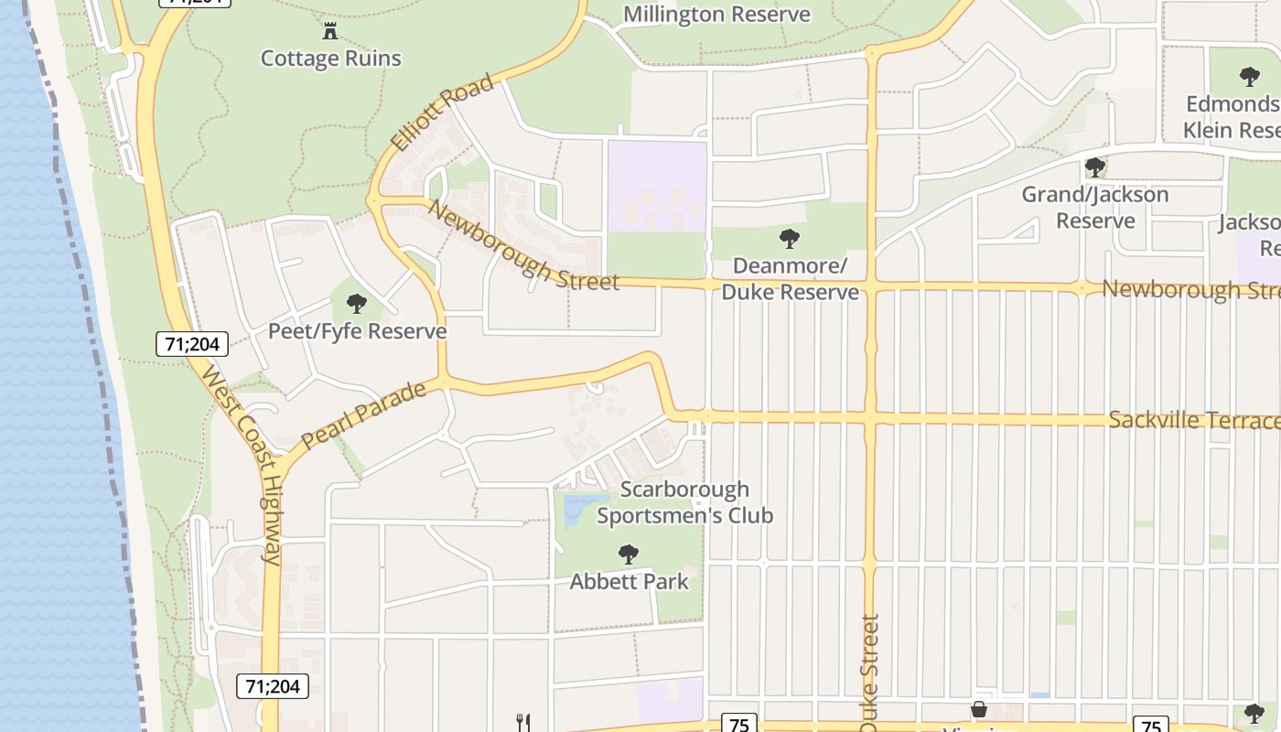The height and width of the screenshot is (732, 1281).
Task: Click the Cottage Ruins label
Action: tap(330, 59)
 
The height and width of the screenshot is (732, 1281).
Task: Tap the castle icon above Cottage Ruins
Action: tap(330, 32)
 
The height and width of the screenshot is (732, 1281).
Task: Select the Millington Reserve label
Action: tap(716, 15)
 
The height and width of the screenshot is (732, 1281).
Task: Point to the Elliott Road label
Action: tap(442, 113)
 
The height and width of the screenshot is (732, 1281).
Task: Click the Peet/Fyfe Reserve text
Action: tap(357, 331)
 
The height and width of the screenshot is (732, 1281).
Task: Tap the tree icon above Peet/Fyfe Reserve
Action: tap(357, 304)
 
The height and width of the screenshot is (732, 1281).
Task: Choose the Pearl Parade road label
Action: tap(363, 415)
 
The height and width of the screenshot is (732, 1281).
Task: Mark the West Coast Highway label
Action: tap(242, 465)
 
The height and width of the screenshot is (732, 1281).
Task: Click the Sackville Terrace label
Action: tap(1193, 420)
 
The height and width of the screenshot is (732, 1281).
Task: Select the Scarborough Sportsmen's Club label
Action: tap(684, 502)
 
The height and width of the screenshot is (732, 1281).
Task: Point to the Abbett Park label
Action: tap(629, 582)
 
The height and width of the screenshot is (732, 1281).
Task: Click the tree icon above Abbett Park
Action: tap(628, 554)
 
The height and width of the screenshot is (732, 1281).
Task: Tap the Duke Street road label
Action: tap(869, 673)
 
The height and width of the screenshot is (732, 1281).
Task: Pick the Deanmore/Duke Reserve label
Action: tap(790, 279)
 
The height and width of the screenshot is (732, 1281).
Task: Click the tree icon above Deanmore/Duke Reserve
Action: tap(789, 240)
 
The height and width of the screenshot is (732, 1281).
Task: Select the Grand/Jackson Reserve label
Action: tap(1094, 208)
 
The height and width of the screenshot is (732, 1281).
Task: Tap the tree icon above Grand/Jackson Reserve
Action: tap(1094, 167)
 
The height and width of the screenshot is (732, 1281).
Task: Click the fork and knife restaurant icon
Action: tap(523, 723)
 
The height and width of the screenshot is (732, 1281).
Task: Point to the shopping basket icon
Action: tap(979, 710)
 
